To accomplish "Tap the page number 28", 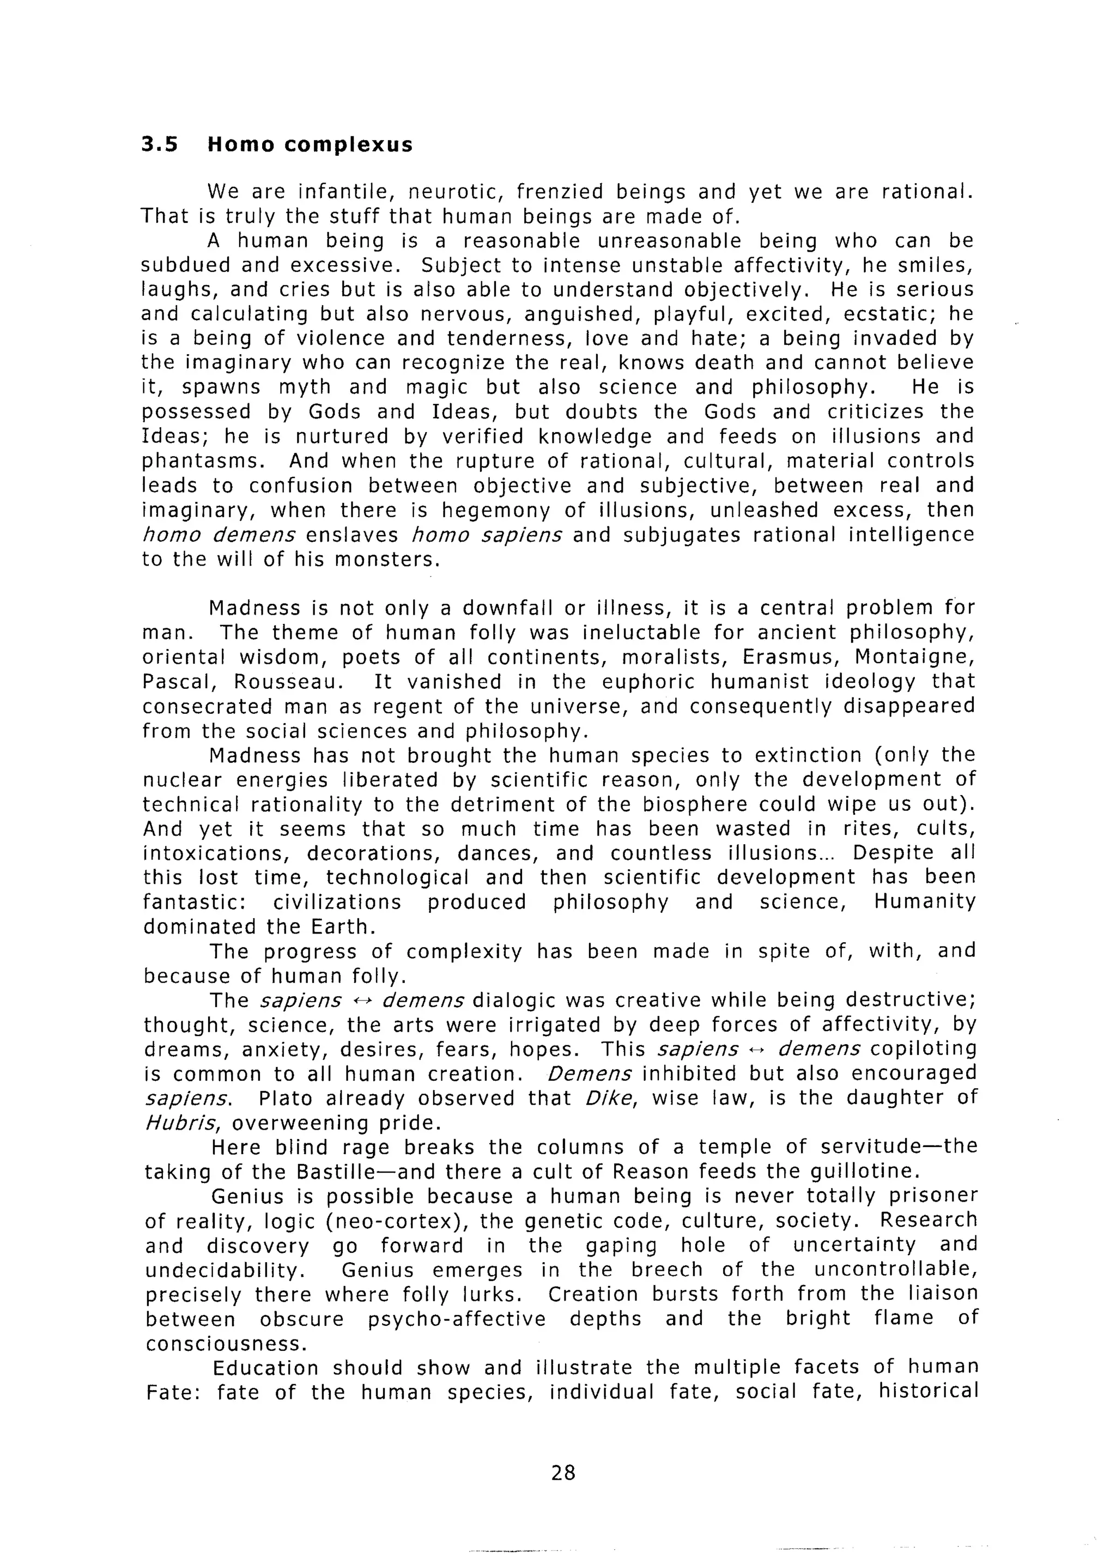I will pyautogui.click(x=563, y=1472).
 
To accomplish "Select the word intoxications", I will pyautogui.click(x=216, y=853).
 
